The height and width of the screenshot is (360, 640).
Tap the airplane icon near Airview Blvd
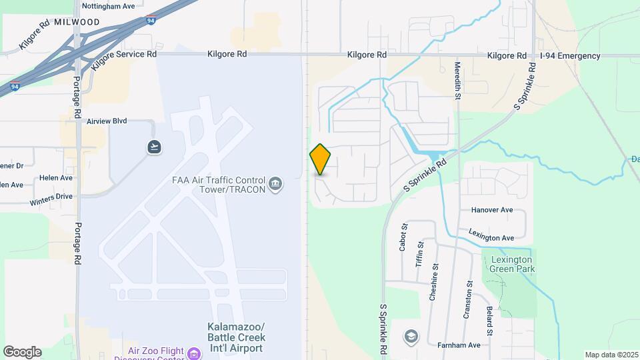pyautogui.click(x=155, y=147)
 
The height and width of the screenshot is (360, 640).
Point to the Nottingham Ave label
pyautogui.click(x=108, y=6)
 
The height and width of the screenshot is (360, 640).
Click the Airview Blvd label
pyautogui.click(x=107, y=122)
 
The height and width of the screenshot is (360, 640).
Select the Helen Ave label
pyautogui.click(x=57, y=178)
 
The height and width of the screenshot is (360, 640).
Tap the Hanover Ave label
pyautogui.click(x=492, y=210)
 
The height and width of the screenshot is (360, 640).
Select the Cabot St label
pyautogui.click(x=403, y=237)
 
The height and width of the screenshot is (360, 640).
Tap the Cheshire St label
pyautogui.click(x=433, y=283)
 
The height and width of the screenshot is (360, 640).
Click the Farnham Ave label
pyautogui.click(x=459, y=345)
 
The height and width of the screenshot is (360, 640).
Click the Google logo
pyautogui.click(x=22, y=351)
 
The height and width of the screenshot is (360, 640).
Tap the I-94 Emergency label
pyautogui.click(x=570, y=56)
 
